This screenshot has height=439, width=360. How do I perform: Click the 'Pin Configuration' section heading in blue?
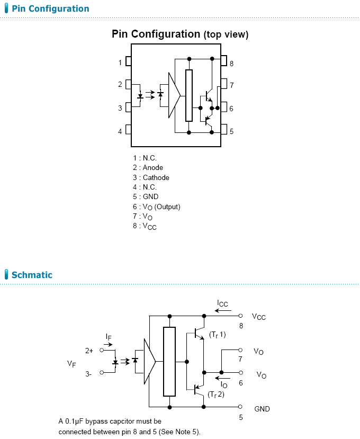click(50, 8)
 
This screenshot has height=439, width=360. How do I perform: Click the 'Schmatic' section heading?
click(32, 275)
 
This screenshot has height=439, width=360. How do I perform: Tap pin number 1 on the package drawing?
click(120, 62)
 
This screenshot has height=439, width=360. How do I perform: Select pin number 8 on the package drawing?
click(231, 64)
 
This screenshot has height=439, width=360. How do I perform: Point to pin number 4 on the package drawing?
click(120, 131)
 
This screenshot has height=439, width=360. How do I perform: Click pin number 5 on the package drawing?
click(231, 131)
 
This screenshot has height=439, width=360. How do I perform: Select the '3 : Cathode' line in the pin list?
click(151, 177)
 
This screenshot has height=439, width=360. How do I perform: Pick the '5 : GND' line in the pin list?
click(146, 196)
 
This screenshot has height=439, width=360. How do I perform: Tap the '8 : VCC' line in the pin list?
click(145, 226)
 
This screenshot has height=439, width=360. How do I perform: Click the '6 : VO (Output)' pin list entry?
click(157, 207)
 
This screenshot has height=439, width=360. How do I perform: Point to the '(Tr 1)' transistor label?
click(217, 334)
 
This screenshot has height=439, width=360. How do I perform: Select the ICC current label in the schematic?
click(222, 303)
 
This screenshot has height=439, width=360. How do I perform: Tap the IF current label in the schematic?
click(109, 337)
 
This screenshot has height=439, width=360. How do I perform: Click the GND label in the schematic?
click(262, 409)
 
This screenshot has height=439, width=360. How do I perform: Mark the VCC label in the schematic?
click(259, 317)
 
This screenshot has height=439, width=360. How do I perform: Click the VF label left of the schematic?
click(71, 364)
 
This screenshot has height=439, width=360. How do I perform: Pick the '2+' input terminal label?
click(89, 351)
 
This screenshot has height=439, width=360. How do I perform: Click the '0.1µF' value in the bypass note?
click(74, 422)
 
